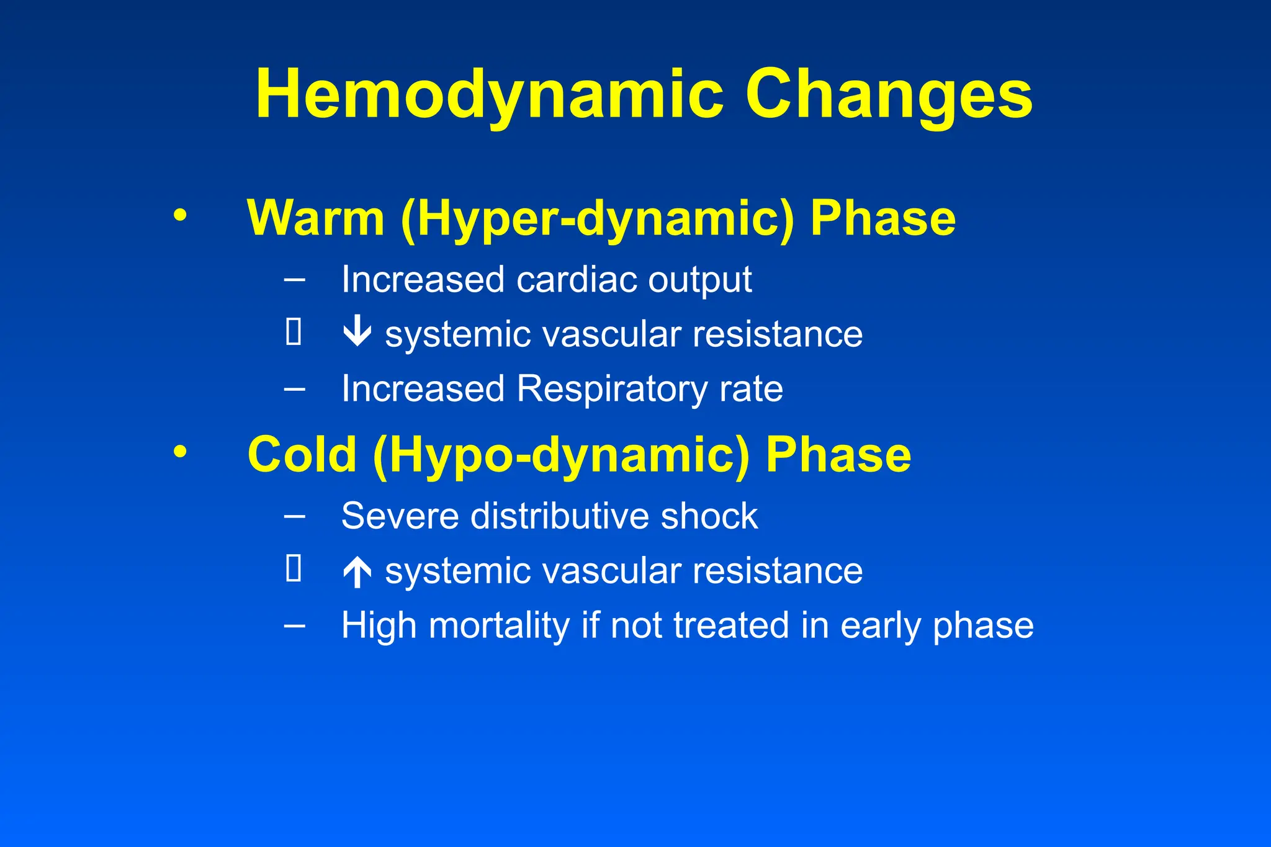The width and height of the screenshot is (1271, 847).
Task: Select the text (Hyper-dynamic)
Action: [598, 220]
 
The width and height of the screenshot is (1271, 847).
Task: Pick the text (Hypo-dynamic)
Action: [561, 456]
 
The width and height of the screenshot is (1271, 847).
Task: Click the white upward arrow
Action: [357, 571]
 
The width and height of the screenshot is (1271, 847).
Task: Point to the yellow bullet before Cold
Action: [180, 451]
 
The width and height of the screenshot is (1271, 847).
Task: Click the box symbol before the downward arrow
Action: [294, 331]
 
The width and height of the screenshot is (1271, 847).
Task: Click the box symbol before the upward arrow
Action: [294, 568]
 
